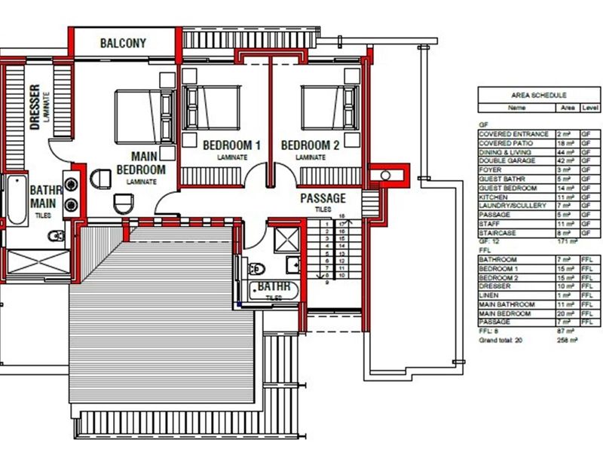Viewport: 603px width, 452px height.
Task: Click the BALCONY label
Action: coord(123,43)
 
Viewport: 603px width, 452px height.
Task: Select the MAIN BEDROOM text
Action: coord(141,163)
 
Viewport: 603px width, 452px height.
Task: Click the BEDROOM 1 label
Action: coord(231,145)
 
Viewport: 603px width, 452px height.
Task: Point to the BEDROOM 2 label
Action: coord(310,145)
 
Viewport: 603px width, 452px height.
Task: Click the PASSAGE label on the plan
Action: coord(323,198)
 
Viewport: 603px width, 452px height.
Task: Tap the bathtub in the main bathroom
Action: coord(17,199)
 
